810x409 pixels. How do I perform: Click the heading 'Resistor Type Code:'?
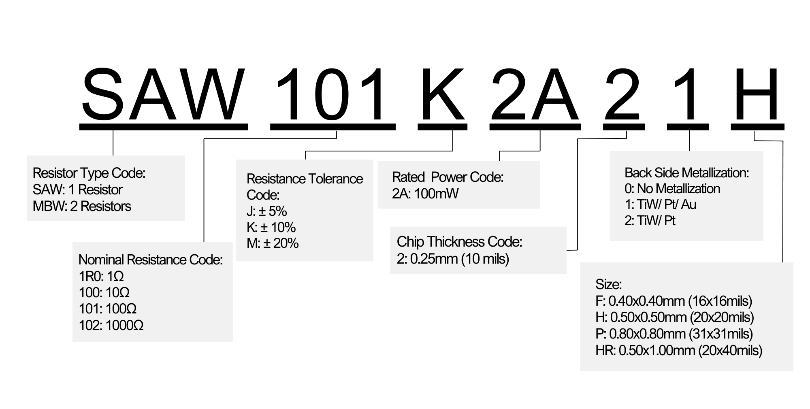tap(89, 173)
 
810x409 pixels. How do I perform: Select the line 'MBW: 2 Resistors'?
tap(82, 206)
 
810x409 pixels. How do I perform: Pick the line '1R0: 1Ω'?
tap(101, 276)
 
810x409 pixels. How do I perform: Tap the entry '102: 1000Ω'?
tap(111, 325)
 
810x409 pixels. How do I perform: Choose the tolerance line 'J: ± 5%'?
tap(266, 211)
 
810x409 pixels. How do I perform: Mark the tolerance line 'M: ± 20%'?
tap(273, 243)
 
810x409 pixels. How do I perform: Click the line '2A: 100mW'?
tap(425, 194)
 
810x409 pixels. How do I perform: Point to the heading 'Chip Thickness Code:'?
tap(459, 242)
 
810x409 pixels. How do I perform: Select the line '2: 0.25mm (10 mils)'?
tap(453, 258)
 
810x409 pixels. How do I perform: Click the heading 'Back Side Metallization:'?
tap(686, 173)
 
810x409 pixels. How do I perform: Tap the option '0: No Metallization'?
tap(672, 189)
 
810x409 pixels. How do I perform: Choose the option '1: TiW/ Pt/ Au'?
tap(660, 204)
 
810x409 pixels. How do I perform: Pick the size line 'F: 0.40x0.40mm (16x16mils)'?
tap(674, 301)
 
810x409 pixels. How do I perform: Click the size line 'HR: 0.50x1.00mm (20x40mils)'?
tap(679, 350)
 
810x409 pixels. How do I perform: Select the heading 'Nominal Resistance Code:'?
tap(150, 260)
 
